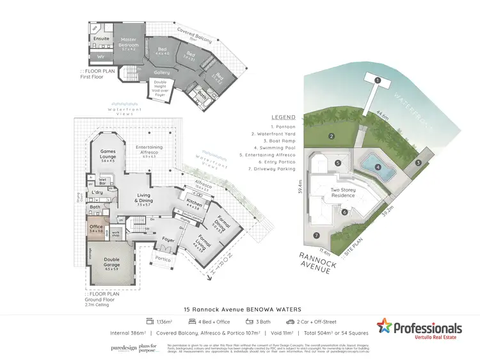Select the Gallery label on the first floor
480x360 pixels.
click(162, 72)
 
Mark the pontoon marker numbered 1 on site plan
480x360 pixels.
click(378, 80)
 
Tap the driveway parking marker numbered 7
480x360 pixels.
click(315, 236)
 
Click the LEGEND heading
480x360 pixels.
click(283, 118)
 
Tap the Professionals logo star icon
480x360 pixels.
click(385, 327)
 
